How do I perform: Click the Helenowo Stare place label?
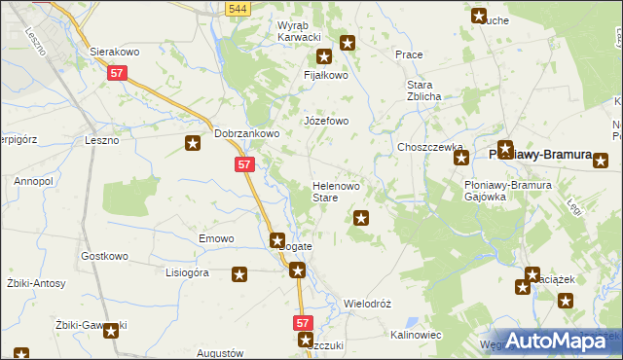(338, 191)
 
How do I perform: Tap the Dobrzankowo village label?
(247, 134)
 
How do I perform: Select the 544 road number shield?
(236, 9)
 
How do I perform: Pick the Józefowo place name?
(326, 121)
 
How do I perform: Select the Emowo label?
(217, 238)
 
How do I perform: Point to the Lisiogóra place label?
(188, 273)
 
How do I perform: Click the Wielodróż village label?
(368, 304)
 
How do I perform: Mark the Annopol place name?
(33, 181)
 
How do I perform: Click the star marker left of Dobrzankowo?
(194, 144)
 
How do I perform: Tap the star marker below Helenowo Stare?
(361, 218)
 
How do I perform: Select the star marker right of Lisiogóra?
(239, 275)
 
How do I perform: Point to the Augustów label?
(219, 352)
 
